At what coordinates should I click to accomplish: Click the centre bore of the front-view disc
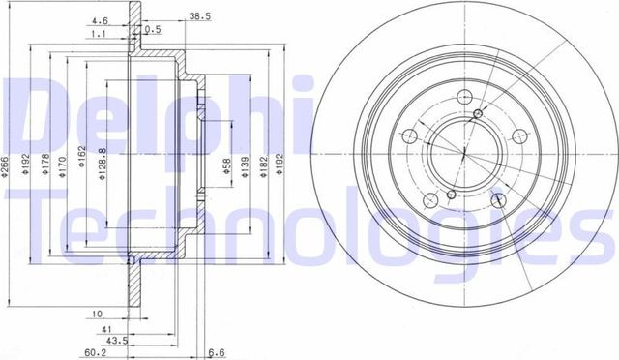point(463,153)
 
